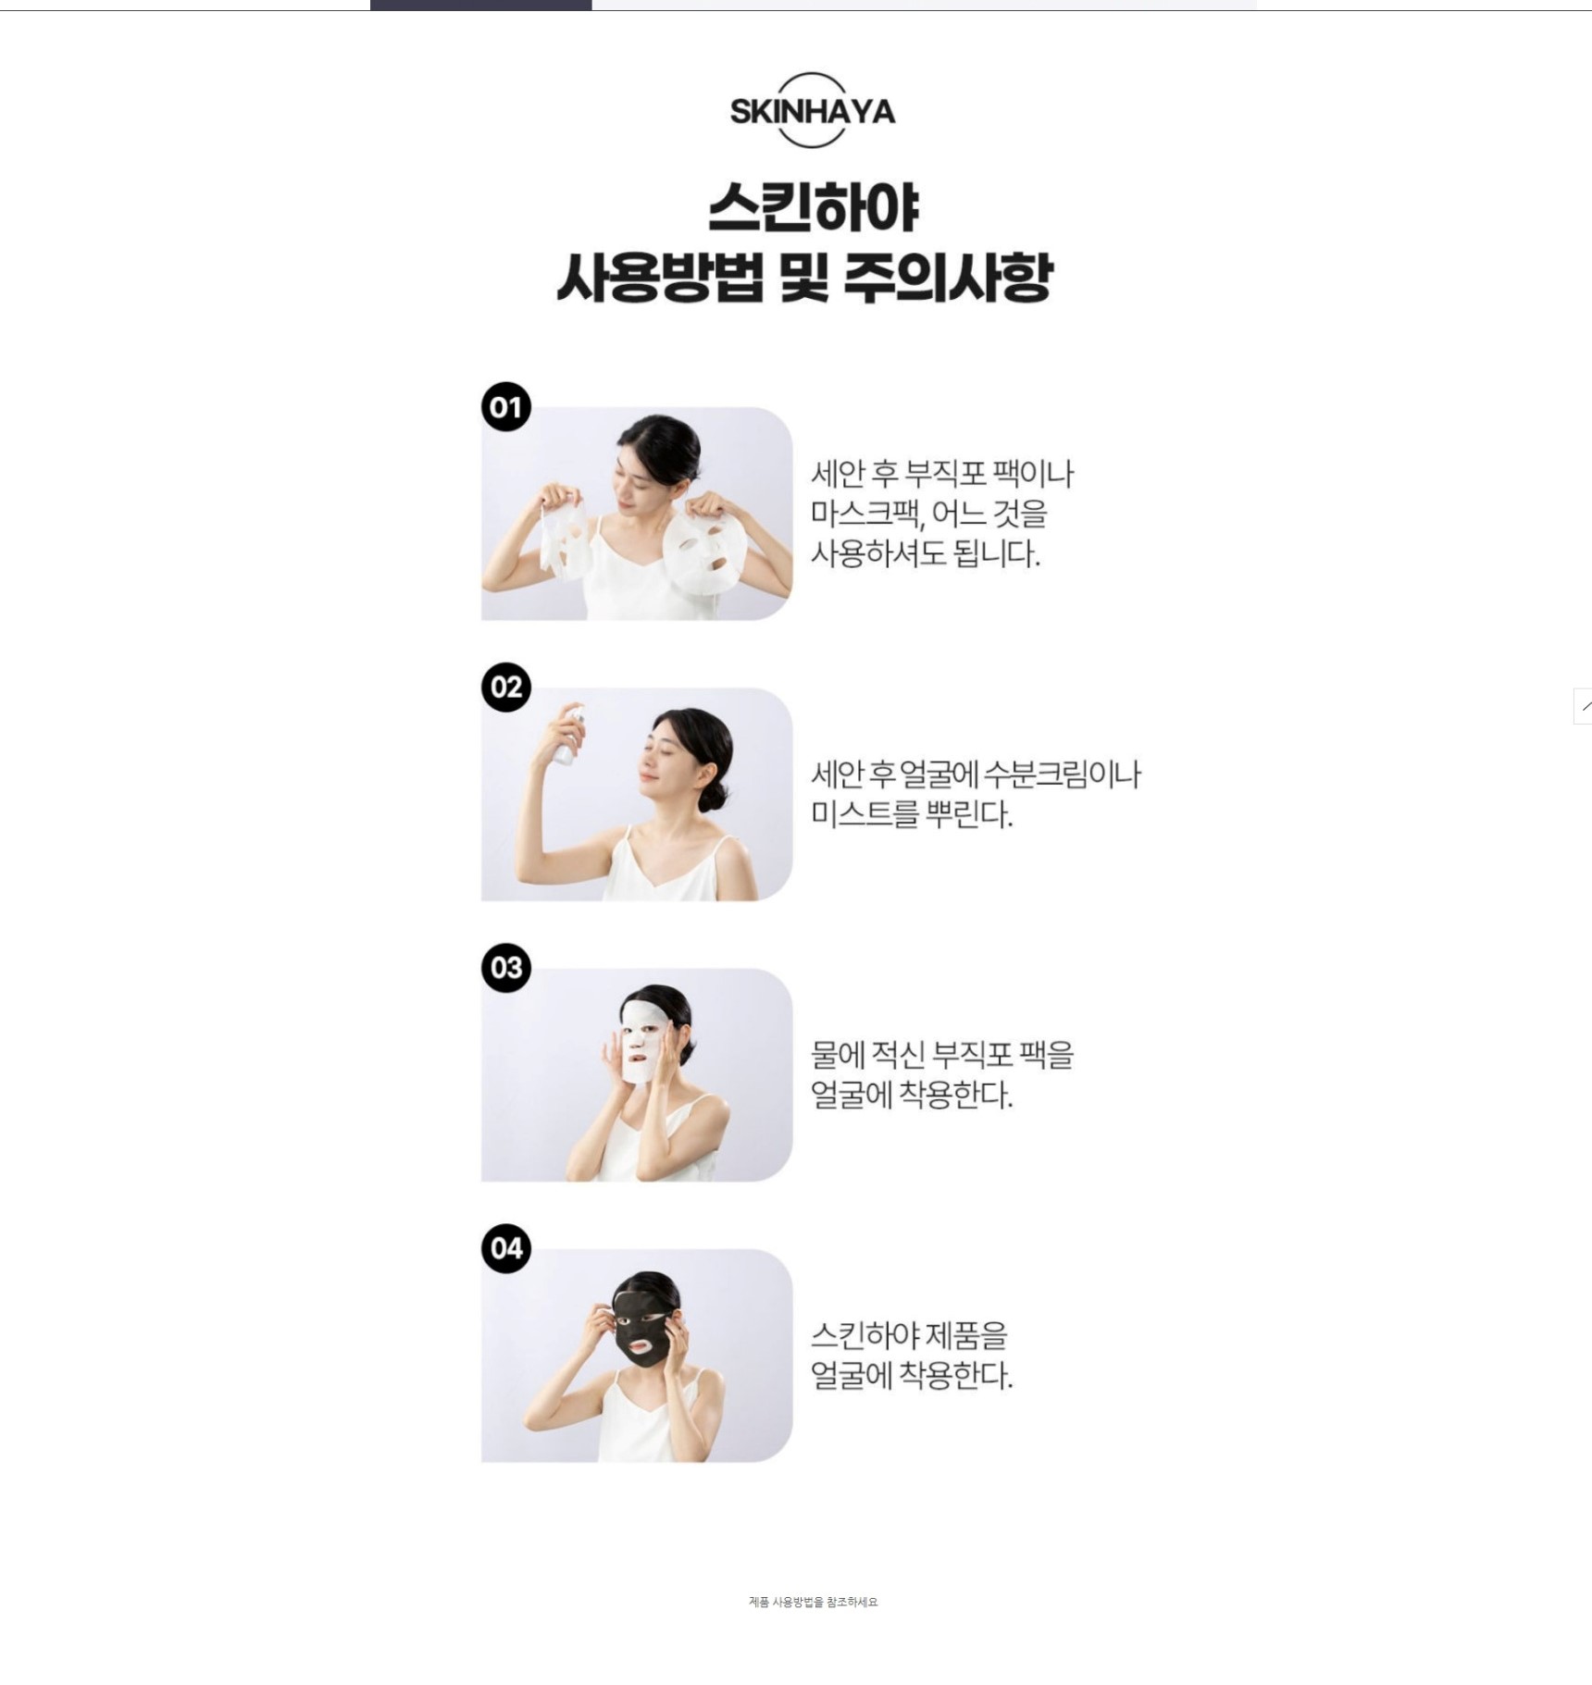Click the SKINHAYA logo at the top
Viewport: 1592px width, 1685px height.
click(812, 111)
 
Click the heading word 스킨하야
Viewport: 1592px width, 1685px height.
click(814, 207)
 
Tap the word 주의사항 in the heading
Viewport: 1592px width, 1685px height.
click(948, 277)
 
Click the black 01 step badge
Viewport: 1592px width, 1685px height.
click(506, 406)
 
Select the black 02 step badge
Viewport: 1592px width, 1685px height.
click(506, 687)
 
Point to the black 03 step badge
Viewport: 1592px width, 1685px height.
click(506, 968)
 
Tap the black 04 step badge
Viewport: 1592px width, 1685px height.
click(506, 1248)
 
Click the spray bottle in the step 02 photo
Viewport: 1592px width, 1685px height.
click(567, 736)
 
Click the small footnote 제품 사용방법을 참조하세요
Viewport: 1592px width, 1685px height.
click(813, 1602)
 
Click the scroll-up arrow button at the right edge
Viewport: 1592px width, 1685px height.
click(1583, 706)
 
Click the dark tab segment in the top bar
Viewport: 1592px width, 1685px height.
click(480, 5)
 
